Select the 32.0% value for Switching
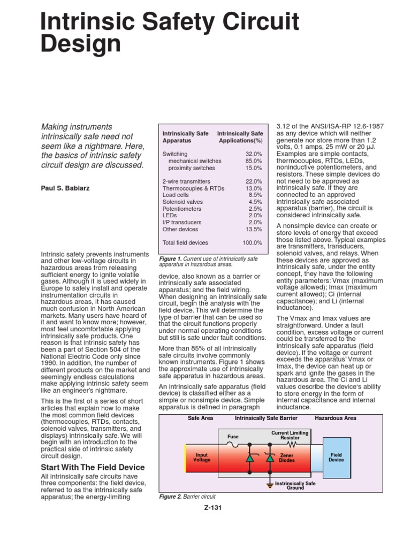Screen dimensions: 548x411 coord(254,154)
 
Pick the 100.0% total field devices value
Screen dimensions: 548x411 coord(252,242)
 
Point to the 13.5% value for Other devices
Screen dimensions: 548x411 coord(254,229)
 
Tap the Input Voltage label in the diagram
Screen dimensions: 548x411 coord(202,456)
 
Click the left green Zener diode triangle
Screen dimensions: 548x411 coord(249,459)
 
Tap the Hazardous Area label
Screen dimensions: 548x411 coord(336,417)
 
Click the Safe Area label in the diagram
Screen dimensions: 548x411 coord(201,417)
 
